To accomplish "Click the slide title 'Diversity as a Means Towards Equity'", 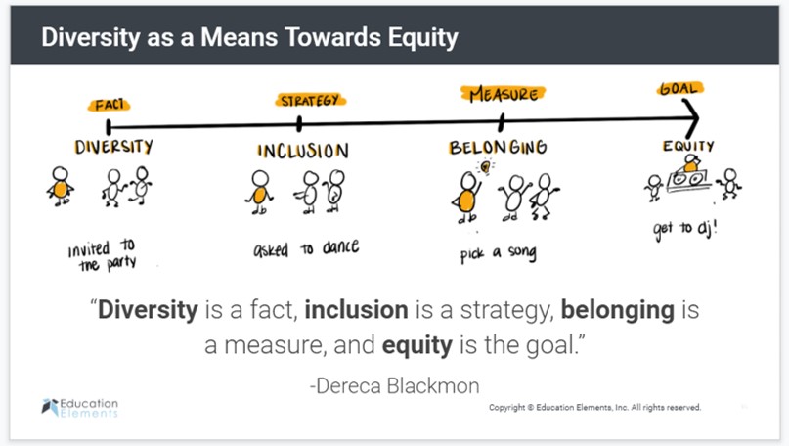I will point(250,37).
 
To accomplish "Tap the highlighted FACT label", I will point(110,105).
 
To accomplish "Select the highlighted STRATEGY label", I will point(309,100).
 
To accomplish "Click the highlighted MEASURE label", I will point(502,94).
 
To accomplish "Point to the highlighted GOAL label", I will point(678,88).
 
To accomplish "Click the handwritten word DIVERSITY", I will point(114,147).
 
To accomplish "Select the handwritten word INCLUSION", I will point(302,151).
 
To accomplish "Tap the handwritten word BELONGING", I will point(497,147).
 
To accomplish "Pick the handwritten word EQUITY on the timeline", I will point(688,147).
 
